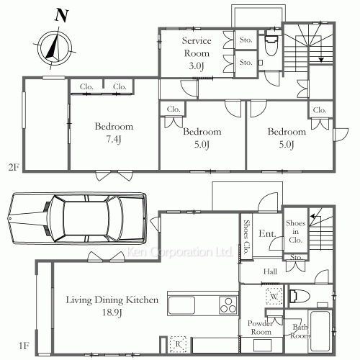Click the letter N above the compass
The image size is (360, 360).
(62, 15)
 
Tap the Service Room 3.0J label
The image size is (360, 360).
(197, 53)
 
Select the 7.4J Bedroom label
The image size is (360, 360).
(114, 132)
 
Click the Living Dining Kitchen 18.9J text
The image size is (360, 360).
(112, 306)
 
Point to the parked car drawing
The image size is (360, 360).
(77, 218)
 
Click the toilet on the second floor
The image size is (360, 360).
(272, 43)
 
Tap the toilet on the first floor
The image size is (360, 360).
(300, 297)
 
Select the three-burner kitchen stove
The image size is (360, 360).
(228, 305)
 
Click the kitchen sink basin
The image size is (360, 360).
(181, 305)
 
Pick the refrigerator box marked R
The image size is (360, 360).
(178, 344)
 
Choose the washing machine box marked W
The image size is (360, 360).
(274, 297)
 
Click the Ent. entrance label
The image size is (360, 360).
(267, 234)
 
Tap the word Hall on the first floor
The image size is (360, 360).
(270, 271)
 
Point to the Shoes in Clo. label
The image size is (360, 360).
(296, 231)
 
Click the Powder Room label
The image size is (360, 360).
(261, 328)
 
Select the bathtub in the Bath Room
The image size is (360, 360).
(320, 331)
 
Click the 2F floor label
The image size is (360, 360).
(14, 167)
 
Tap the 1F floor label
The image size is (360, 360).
(24, 346)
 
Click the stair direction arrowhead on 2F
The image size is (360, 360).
(321, 60)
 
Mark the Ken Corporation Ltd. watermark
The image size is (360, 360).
(180, 252)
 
